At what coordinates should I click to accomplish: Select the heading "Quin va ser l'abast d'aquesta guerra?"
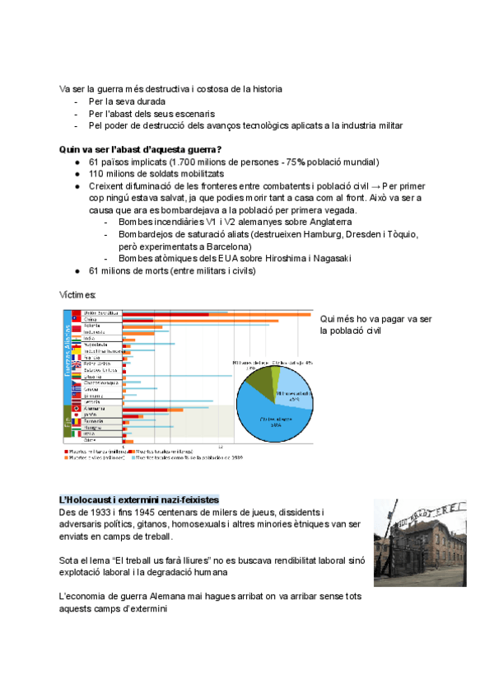click(140, 149)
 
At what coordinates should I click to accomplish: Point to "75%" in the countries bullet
click(294, 162)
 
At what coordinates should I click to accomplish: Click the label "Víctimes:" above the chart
click(77, 294)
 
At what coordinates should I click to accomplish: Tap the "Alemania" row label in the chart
click(96, 409)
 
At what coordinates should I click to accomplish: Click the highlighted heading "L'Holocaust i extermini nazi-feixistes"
click(139, 500)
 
